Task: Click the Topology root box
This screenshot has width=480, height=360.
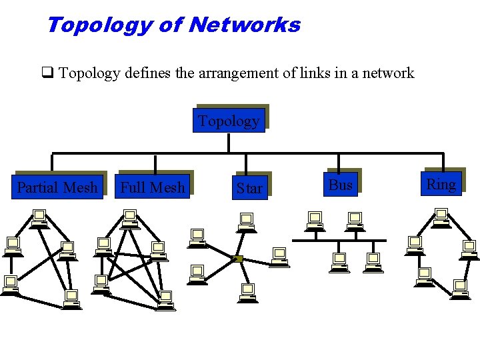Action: pos(229,121)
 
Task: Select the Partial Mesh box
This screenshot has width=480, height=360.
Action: pos(57,187)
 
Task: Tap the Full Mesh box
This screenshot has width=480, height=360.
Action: pos(153,187)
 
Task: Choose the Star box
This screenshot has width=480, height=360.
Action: pos(249,188)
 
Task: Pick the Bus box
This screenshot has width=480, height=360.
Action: pos(341,185)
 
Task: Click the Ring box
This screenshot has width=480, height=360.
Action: pos(441,184)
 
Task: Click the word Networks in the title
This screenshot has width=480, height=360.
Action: pos(245,25)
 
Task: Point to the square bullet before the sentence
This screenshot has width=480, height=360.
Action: pos(47,73)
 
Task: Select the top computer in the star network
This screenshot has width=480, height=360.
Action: pos(247,221)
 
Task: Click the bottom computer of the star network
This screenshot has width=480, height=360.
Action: pos(247,293)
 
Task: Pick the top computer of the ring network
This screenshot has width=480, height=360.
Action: pos(441,217)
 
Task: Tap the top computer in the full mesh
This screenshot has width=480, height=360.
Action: pos(130,218)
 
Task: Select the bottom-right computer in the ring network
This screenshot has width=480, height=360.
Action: pos(460,289)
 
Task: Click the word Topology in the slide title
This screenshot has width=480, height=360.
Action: pos(99,25)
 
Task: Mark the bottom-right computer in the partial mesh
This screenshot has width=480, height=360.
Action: pos(72,299)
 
